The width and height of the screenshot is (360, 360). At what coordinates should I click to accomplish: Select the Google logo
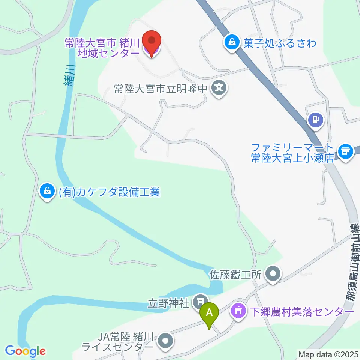point(25,351)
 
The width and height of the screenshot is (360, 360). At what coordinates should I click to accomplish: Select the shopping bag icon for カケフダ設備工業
point(47,191)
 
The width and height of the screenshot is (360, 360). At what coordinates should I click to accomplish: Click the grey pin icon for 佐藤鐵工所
point(273,273)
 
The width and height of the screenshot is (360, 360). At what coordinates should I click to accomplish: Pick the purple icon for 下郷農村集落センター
point(239,310)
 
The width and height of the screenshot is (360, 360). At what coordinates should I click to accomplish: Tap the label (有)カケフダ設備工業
point(109,192)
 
